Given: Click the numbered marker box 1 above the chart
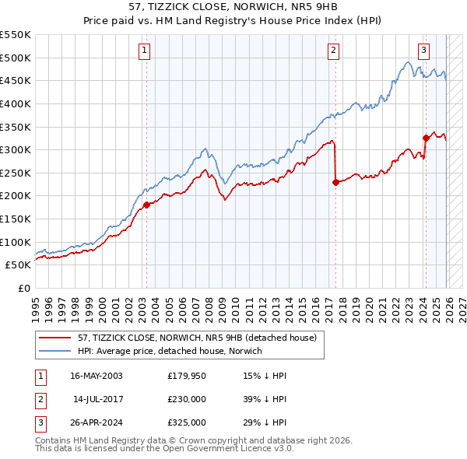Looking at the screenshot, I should tap(146, 51).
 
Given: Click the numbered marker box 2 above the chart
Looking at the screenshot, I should tap(333, 51).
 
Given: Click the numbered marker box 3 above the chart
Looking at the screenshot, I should tap(424, 51).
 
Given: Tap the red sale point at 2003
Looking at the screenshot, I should tap(146, 205).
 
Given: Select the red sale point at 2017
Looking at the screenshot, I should tap(335, 182).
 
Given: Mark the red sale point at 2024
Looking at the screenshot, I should tap(426, 138).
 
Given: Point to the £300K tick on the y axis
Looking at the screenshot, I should tap(15, 149).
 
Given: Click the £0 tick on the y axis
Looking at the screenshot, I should tap(24, 288).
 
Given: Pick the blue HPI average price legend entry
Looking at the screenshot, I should tap(170, 351).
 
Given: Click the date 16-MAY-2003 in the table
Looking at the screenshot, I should tap(97, 376).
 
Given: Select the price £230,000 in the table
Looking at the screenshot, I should tap(187, 399).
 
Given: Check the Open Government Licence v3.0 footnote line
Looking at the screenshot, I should tap(165, 450).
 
